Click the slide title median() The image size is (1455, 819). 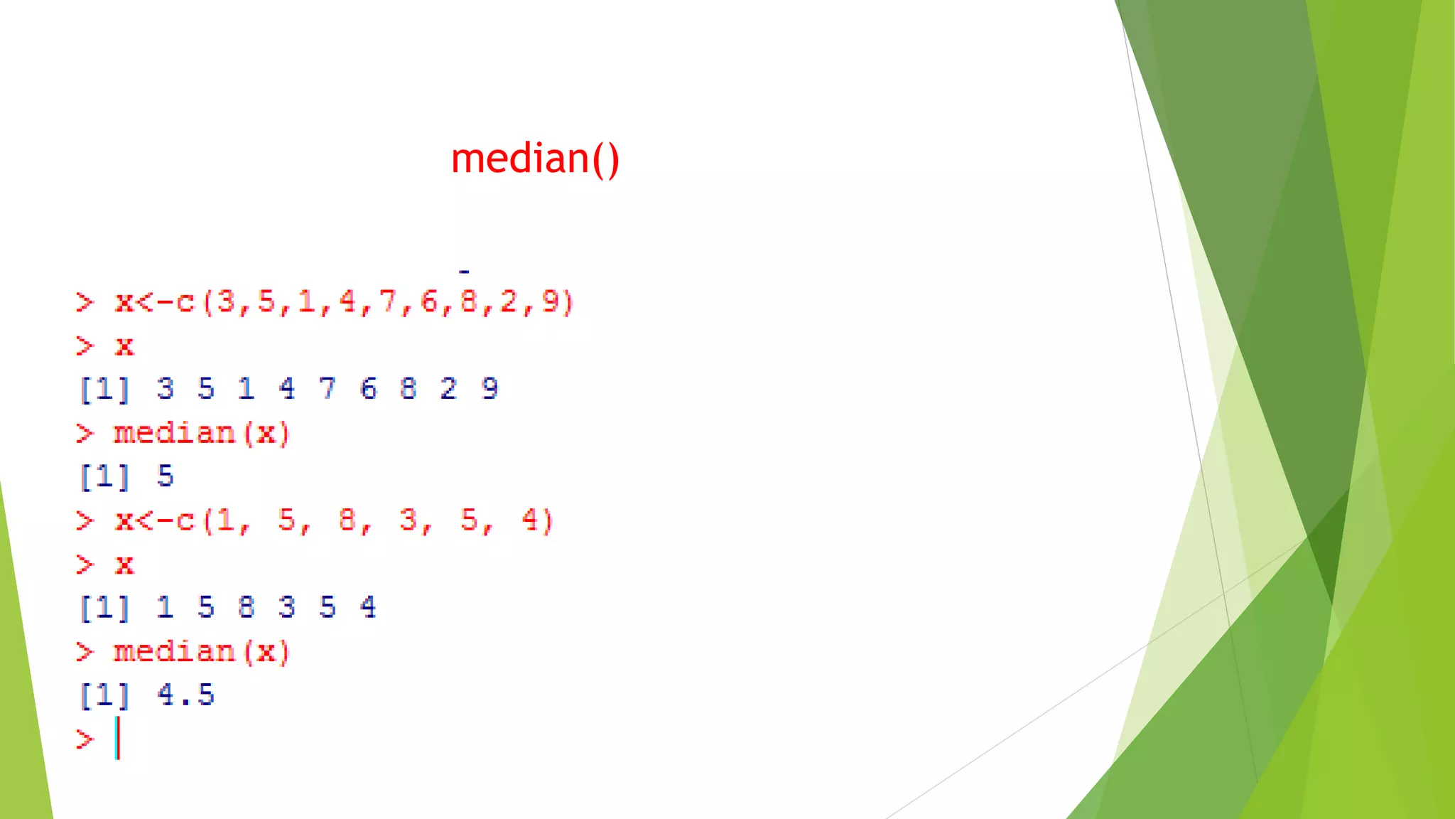point(535,159)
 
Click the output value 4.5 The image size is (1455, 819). point(185,695)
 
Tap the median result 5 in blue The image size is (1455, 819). point(165,476)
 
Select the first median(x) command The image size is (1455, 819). point(202,433)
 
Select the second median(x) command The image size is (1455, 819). point(202,652)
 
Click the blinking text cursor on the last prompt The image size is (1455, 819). point(118,739)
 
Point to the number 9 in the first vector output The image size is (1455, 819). point(489,388)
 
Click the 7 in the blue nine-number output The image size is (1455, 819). point(327,388)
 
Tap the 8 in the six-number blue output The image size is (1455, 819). point(246,607)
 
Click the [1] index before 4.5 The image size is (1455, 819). point(104,695)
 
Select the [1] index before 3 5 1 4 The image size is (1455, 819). point(104,389)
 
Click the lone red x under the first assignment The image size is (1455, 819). point(124,346)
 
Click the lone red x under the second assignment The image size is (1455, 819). point(124,565)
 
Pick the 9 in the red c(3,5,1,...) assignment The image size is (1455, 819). point(550,301)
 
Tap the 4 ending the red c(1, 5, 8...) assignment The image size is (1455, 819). point(530,520)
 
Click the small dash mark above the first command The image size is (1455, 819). point(464,271)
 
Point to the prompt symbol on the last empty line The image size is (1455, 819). point(85,739)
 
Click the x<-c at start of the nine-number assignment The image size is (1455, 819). point(155,302)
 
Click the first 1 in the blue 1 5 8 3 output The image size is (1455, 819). point(165,607)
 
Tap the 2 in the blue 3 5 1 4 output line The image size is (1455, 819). point(448,388)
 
